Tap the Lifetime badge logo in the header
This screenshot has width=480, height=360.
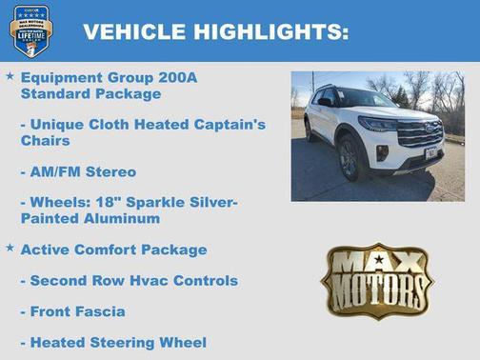click(30, 30)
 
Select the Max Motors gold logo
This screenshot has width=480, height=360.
click(377, 281)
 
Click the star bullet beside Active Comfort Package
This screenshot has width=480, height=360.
click(10, 248)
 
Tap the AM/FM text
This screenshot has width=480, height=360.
click(55, 171)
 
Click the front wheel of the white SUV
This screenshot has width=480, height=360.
click(350, 155)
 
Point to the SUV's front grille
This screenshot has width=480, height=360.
click(420, 134)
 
